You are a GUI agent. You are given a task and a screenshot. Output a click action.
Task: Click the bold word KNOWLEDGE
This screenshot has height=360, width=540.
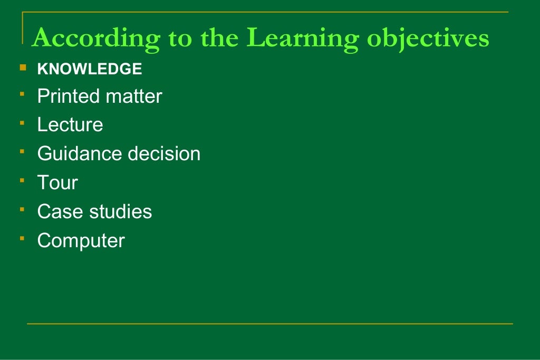(x=89, y=69)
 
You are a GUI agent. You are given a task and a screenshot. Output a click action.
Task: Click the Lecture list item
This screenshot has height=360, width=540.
(x=70, y=125)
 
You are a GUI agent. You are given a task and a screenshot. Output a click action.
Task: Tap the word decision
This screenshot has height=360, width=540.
(x=164, y=154)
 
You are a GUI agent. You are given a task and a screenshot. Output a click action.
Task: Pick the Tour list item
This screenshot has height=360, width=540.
(x=57, y=183)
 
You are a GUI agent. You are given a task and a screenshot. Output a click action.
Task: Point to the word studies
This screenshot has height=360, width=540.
(x=121, y=212)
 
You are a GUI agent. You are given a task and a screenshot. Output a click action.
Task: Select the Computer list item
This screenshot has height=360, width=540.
(x=81, y=241)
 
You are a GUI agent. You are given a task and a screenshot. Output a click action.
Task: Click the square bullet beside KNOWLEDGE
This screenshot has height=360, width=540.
(x=22, y=67)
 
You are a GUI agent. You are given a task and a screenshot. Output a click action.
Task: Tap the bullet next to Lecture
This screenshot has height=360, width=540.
(x=22, y=123)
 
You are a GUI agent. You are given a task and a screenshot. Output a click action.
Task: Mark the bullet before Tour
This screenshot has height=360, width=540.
(x=22, y=181)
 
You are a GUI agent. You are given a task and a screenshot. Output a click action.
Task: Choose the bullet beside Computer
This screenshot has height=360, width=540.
(x=22, y=239)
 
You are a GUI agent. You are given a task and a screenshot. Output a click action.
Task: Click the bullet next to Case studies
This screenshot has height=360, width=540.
(x=22, y=210)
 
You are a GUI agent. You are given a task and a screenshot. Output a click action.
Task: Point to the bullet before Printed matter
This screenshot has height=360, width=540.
(x=22, y=94)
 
